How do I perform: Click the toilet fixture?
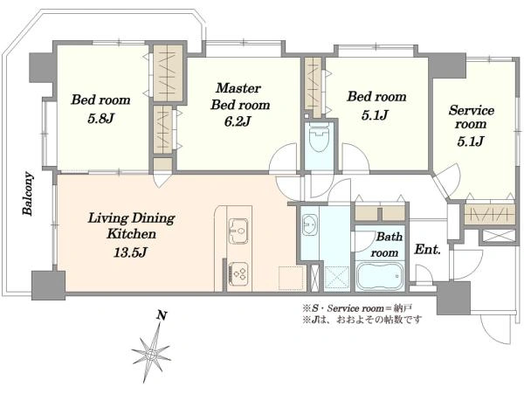tap(319, 137)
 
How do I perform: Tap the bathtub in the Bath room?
tap(380, 276)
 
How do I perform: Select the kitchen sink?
tap(238, 231)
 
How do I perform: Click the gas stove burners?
tap(238, 273)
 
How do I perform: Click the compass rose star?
tap(152, 354)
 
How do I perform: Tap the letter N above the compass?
tap(162, 315)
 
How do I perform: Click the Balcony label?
tap(28, 194)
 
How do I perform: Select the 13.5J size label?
tap(130, 252)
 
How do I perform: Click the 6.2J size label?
tap(238, 121)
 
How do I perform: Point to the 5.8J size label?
tap(101, 118)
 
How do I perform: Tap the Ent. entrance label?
tap(427, 249)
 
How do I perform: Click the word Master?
tap(238, 88)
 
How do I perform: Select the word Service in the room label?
tap(472, 110)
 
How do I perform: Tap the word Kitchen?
tap(131, 234)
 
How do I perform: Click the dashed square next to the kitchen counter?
tap(291, 278)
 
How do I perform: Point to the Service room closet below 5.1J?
tap(490, 214)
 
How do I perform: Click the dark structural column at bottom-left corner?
tap(48, 285)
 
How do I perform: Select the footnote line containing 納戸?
tap(358, 308)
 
